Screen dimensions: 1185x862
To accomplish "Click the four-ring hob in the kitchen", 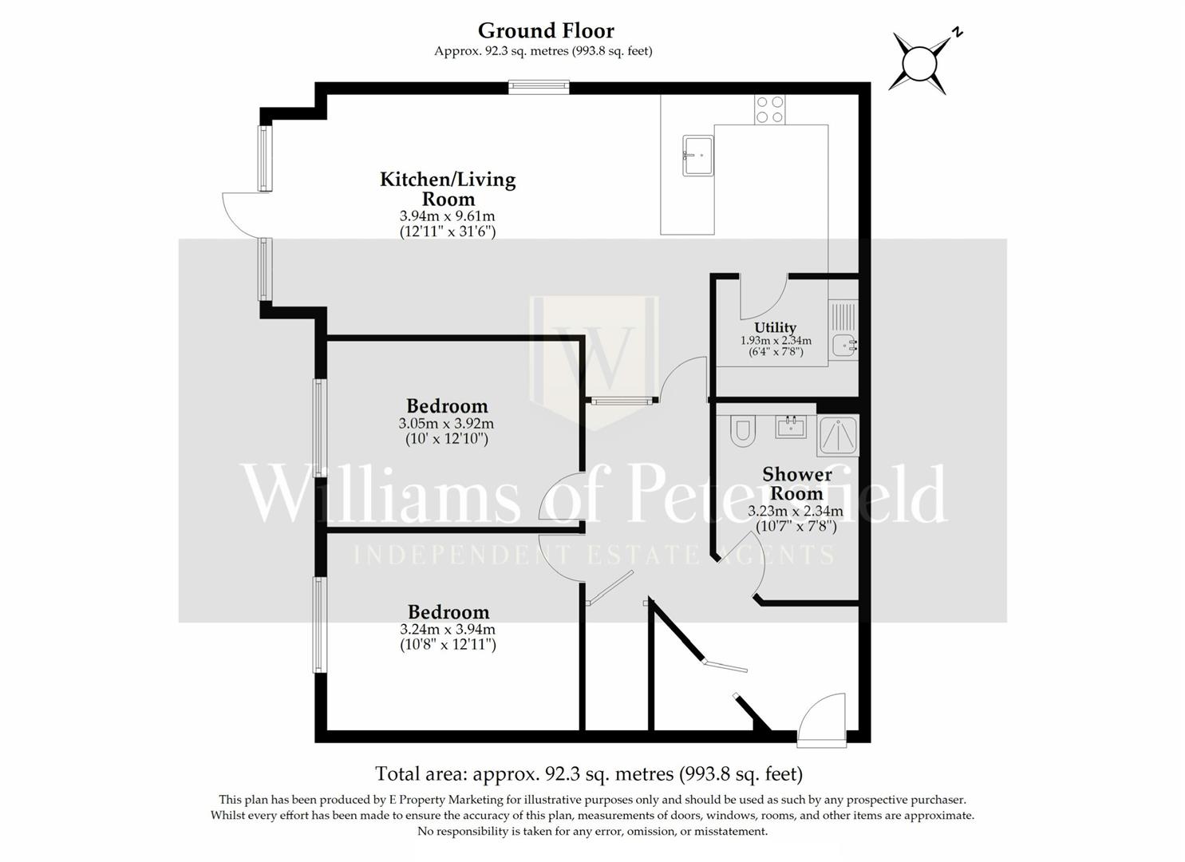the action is (770, 109).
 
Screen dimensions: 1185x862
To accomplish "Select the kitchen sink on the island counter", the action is (697, 156).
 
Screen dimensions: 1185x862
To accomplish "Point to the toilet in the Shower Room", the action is (743, 431).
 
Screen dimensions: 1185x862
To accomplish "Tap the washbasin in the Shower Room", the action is (791, 426).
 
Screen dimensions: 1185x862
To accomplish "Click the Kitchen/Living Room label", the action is (448, 189).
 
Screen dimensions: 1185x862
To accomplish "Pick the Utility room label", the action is (775, 327).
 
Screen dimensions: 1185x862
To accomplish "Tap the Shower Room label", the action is (796, 484).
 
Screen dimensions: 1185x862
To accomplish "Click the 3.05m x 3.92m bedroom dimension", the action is (447, 424).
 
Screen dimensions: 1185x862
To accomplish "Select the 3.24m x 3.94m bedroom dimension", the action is (448, 630).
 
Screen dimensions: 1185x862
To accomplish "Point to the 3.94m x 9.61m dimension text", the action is (448, 216).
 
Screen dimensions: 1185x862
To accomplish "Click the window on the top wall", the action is (539, 87).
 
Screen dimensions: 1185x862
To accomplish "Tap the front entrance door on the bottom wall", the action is (822, 720).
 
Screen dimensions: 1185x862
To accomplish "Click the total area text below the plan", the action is (589, 773).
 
